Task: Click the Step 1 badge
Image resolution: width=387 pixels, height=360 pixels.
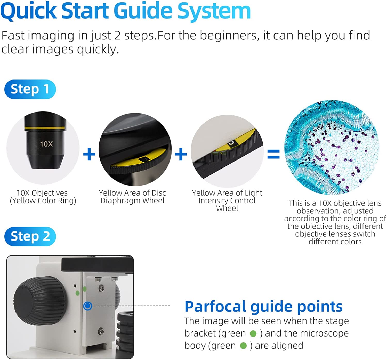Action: pyautogui.click(x=30, y=89)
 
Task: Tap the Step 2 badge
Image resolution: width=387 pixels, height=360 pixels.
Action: pyautogui.click(x=30, y=236)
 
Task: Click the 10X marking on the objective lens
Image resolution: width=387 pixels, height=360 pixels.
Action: pyautogui.click(x=46, y=144)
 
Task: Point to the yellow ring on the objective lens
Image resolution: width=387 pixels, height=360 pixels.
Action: pyautogui.click(x=45, y=128)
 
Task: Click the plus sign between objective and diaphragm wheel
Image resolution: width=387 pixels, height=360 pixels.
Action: pyautogui.click(x=89, y=154)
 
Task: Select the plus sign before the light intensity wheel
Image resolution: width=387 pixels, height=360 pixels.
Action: pyautogui.click(x=181, y=154)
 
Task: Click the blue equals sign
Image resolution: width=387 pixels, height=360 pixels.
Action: pyautogui.click(x=273, y=154)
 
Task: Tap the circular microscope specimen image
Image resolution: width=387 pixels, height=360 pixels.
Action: pyautogui.click(x=332, y=148)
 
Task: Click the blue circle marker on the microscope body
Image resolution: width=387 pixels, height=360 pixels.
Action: pyautogui.click(x=87, y=306)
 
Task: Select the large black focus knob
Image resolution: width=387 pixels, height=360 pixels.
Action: pyautogui.click(x=40, y=301)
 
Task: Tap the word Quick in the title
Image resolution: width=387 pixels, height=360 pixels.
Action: pyautogui.click(x=29, y=11)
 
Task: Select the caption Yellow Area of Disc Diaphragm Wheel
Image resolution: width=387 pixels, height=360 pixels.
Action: pyautogui.click(x=132, y=197)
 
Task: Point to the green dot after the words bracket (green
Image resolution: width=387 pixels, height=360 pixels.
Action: pyautogui.click(x=253, y=333)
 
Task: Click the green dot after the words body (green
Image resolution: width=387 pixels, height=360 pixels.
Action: pyautogui.click(x=243, y=346)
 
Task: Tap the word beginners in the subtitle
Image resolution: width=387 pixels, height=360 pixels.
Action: pyautogui.click(x=228, y=36)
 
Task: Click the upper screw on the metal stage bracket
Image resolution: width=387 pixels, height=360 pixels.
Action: pyautogui.click(x=101, y=288)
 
